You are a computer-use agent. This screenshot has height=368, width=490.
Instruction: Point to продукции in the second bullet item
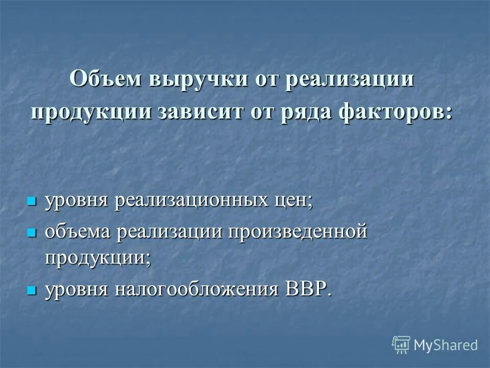(x=97, y=256)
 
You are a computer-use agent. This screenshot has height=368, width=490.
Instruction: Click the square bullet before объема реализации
(x=32, y=232)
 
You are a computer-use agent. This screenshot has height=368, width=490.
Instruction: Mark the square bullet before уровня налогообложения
(x=32, y=289)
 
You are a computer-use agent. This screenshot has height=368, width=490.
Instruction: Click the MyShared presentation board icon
(x=401, y=345)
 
